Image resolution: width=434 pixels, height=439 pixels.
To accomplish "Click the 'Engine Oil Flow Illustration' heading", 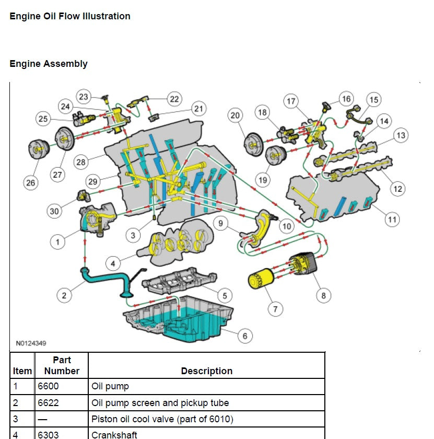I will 70,16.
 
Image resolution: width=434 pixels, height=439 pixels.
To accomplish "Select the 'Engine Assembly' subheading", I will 49,64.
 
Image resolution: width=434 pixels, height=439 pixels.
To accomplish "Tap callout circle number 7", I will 275,309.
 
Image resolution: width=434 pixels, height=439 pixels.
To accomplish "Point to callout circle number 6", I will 245,336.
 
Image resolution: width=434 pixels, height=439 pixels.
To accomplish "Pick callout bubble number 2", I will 64,295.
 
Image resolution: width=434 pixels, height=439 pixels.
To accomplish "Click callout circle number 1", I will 58,241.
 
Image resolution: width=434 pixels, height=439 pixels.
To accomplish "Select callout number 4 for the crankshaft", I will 114,262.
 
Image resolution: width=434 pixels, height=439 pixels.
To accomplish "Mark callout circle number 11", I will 392,219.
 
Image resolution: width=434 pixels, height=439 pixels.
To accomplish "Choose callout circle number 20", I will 236,115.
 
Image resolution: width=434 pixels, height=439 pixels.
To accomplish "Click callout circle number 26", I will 31,182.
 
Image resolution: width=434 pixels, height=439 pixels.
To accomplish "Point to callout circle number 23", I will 84,97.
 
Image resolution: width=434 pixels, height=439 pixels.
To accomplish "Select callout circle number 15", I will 373,99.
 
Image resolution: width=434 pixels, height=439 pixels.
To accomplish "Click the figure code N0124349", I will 31,344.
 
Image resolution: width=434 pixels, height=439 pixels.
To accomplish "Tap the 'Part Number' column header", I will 62,365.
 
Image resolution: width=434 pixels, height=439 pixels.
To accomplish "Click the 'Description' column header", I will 206,371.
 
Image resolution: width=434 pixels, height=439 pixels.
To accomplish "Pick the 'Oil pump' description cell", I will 110,387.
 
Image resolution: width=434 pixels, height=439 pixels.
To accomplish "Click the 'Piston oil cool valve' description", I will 162,419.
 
